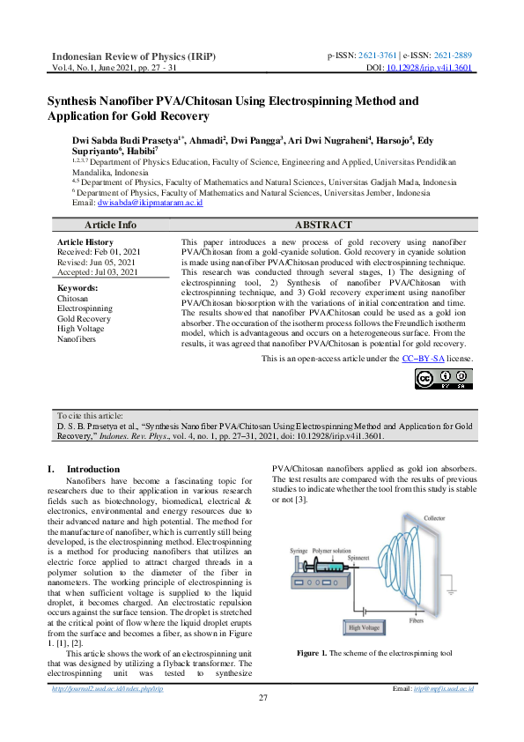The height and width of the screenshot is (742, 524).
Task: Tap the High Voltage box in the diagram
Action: coord(365,628)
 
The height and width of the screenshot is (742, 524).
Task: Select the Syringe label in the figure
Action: coord(299,550)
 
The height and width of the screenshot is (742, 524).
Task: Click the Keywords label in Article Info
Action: coord(77,287)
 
